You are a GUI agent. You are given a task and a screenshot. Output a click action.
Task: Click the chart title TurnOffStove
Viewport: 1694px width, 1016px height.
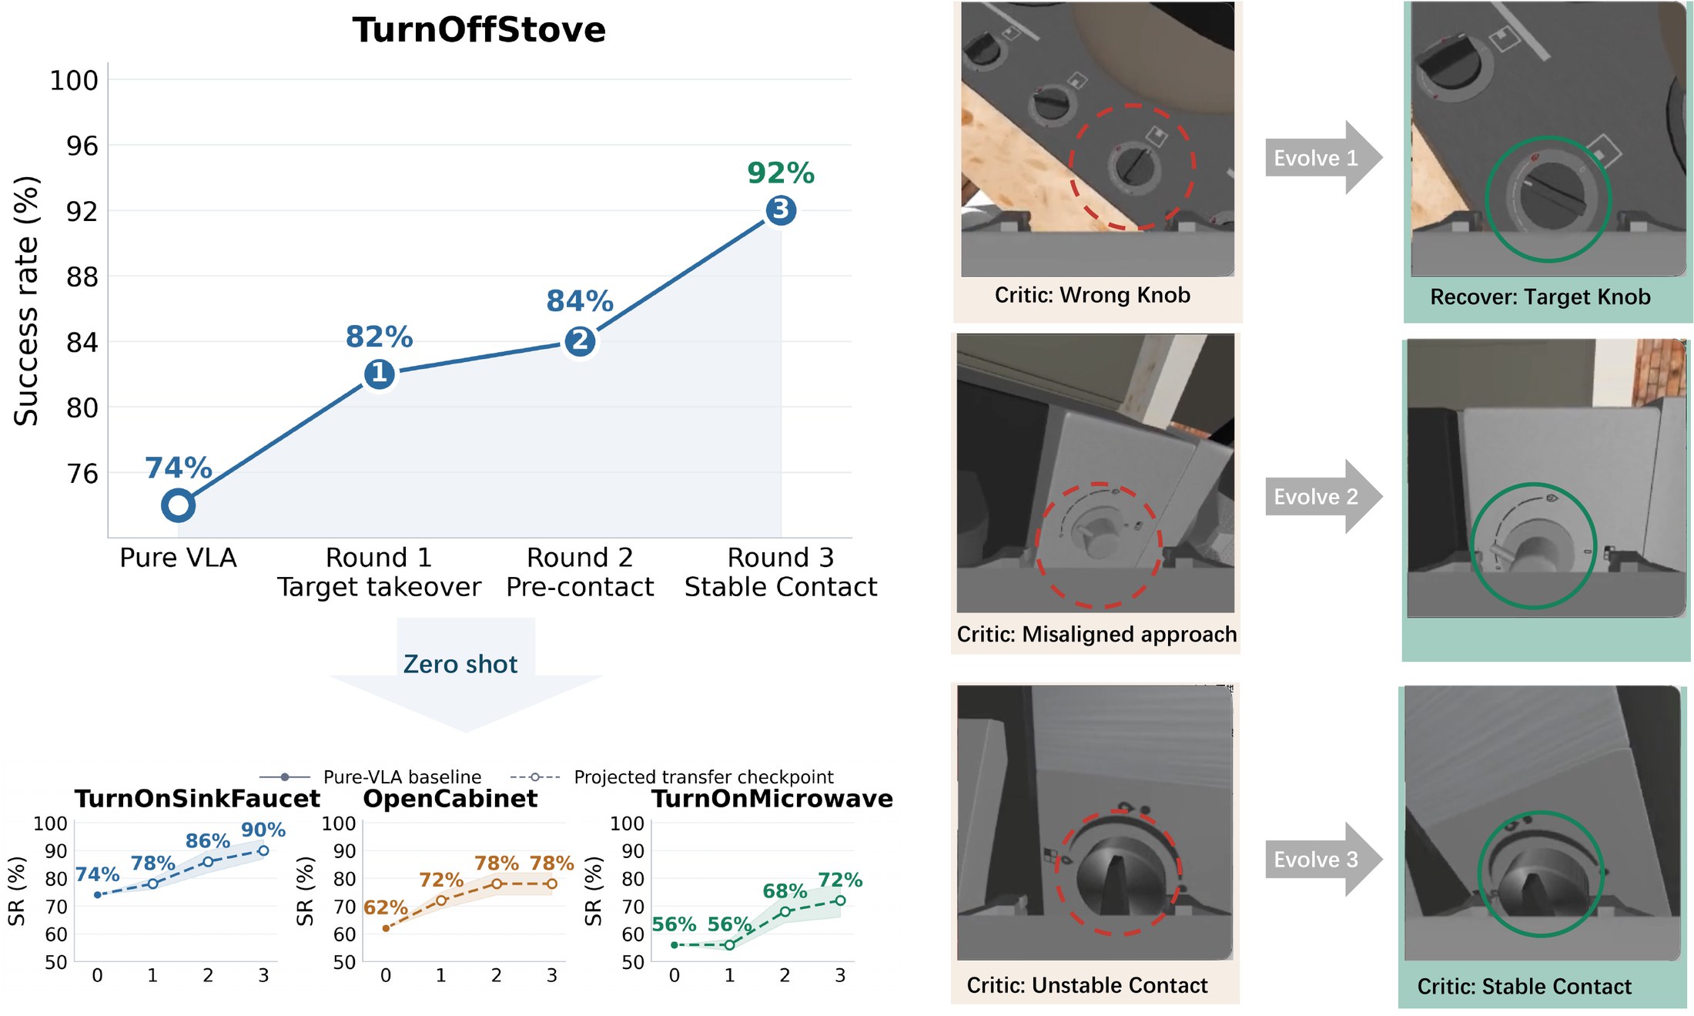click(479, 30)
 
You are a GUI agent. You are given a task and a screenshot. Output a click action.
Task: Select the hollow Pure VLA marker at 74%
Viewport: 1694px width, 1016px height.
click(178, 505)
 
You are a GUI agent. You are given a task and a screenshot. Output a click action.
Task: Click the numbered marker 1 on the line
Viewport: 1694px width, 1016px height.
click(379, 374)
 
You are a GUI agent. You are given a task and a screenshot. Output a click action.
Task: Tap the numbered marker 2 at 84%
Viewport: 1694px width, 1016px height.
click(580, 341)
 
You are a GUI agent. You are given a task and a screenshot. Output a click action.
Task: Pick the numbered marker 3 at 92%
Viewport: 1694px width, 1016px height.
click(781, 210)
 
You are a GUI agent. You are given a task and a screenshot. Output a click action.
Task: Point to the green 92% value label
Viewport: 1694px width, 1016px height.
click(781, 173)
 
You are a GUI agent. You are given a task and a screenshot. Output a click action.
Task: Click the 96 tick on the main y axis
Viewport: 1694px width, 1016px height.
click(82, 146)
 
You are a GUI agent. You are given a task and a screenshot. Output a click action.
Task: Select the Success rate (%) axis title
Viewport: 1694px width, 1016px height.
click(26, 300)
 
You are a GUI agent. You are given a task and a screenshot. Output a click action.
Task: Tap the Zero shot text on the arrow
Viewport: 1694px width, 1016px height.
click(460, 664)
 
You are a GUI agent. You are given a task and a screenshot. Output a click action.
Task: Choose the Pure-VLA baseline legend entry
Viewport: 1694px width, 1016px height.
click(370, 776)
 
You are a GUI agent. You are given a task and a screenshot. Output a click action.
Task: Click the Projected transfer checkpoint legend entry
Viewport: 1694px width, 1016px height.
click(672, 776)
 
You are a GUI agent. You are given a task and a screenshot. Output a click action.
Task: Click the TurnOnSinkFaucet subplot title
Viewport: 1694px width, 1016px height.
click(197, 799)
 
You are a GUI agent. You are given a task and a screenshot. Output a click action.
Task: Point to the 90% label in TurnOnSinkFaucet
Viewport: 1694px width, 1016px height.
click(263, 830)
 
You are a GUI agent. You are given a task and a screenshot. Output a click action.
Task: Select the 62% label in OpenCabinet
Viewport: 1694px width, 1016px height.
click(386, 907)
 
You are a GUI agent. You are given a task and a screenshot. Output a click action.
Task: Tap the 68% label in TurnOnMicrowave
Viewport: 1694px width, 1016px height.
click(785, 891)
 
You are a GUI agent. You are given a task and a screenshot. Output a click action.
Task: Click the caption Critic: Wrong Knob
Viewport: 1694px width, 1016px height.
click(1092, 295)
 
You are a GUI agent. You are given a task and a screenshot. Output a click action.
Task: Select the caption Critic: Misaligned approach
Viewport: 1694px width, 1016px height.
click(1096, 634)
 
